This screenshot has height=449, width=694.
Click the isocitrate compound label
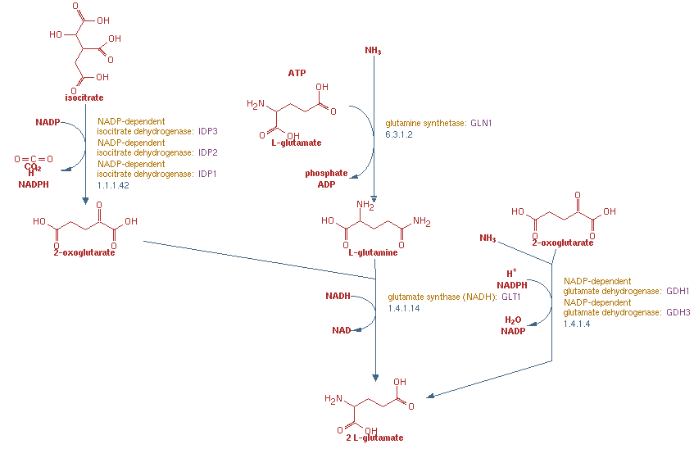pyautogui.click(x=85, y=98)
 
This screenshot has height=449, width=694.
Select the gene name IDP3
pyautogui.click(x=208, y=131)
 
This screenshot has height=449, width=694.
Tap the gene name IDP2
pyautogui.click(x=208, y=152)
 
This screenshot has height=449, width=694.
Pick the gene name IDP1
pyautogui.click(x=208, y=174)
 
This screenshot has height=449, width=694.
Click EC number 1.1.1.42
pyautogui.click(x=114, y=185)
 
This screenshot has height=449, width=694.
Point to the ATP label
pyautogui.click(x=297, y=73)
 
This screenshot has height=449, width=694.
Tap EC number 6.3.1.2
pyautogui.click(x=400, y=134)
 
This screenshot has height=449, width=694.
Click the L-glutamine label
pyautogui.click(x=373, y=252)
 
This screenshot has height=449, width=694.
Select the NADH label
pyautogui.click(x=338, y=296)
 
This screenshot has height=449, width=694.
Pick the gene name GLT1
pyautogui.click(x=513, y=297)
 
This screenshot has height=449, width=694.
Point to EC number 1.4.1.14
pyautogui.click(x=404, y=308)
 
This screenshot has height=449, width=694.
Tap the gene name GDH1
pyautogui.click(x=678, y=292)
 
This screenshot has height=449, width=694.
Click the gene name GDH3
pyautogui.click(x=678, y=312)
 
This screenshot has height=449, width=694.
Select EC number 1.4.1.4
pyautogui.click(x=577, y=324)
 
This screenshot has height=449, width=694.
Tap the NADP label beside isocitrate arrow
pyautogui.click(x=48, y=122)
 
